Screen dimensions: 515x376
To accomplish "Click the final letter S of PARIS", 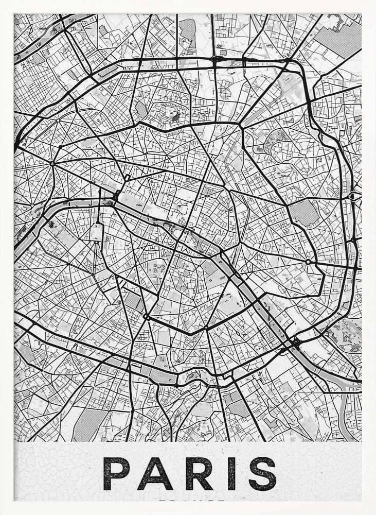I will [261, 473].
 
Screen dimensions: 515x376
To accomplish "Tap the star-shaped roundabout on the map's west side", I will [52, 164].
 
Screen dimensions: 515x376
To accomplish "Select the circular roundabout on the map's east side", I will [308, 262].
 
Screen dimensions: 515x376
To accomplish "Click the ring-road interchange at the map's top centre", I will [214, 60].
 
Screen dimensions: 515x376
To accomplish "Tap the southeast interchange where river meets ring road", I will [294, 342].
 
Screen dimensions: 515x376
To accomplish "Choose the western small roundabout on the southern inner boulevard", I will [146, 317].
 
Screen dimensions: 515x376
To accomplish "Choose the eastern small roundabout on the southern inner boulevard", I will [206, 328].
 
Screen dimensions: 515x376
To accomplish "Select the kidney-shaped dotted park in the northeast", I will [280, 137].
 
